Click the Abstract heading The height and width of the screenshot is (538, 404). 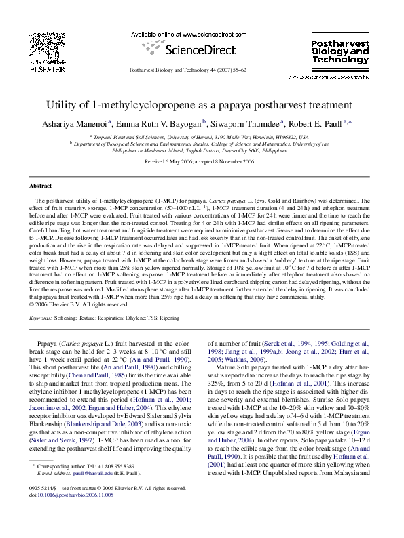(x=41, y=185)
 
